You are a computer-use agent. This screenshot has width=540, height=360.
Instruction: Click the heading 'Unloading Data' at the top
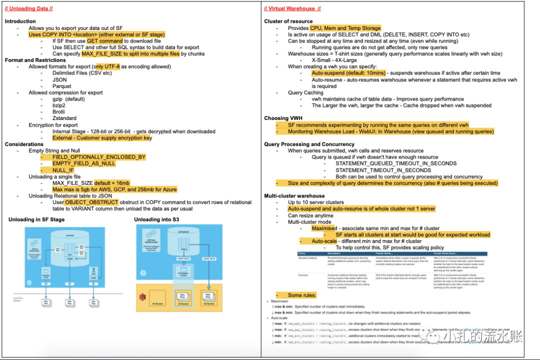[x=28, y=8]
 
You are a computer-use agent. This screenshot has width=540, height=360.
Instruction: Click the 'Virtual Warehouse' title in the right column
[x=292, y=8]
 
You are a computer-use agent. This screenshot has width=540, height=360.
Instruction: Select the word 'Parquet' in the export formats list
[x=62, y=86]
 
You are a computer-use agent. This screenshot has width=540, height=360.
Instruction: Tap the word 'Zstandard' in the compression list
[x=64, y=118]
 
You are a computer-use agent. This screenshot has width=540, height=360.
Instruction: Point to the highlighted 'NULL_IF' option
[x=63, y=170]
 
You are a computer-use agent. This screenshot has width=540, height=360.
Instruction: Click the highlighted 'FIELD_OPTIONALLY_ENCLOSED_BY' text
[x=99, y=157]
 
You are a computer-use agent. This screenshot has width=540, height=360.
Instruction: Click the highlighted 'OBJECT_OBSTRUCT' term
[x=91, y=202]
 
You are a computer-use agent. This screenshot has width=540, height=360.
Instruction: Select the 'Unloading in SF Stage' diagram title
[x=36, y=219]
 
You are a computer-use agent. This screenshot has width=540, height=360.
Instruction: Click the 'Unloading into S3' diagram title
[x=156, y=219]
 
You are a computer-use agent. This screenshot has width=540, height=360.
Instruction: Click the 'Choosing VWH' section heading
[x=283, y=118]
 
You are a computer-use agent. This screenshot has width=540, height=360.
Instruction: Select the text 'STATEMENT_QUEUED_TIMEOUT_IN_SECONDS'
[x=395, y=163]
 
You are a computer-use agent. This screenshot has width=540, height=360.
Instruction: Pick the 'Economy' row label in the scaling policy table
[x=304, y=275]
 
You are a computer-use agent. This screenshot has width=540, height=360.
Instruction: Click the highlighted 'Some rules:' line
[x=302, y=295]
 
